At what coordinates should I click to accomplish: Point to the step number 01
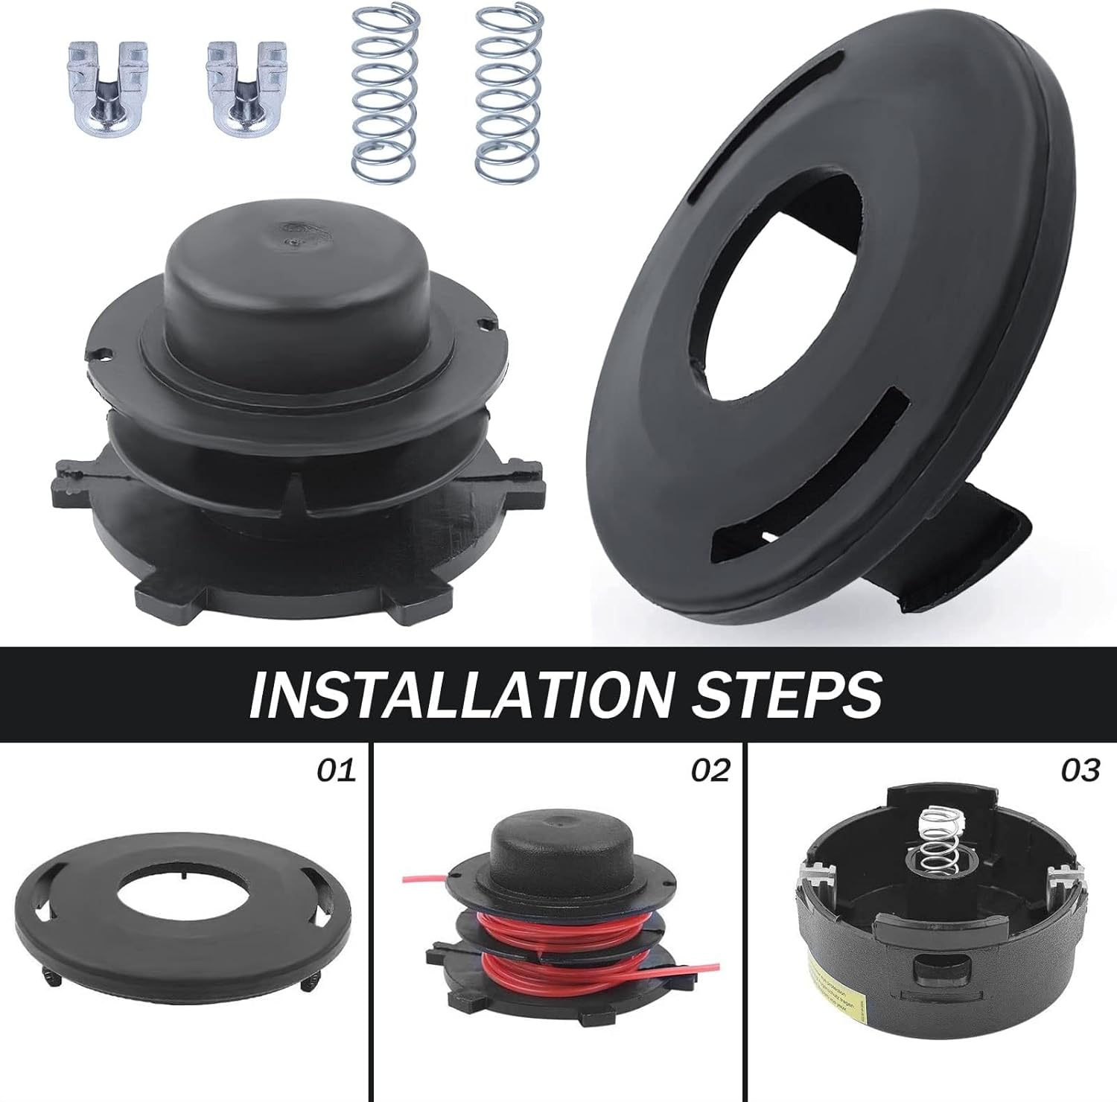coord(337,770)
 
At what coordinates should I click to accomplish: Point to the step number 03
coord(1079,770)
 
